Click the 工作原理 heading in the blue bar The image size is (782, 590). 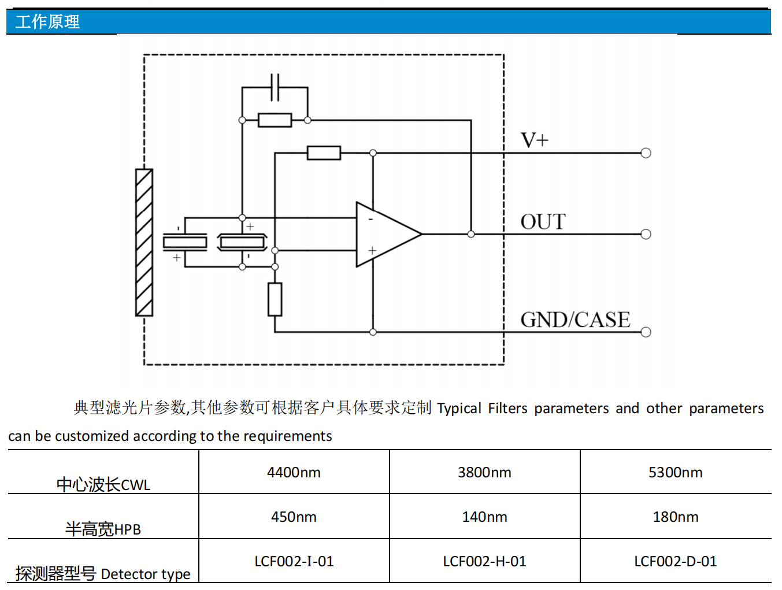(47, 22)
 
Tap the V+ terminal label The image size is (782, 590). (534, 140)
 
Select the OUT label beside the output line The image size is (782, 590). (543, 222)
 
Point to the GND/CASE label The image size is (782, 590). (575, 320)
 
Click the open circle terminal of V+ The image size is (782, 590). (646, 153)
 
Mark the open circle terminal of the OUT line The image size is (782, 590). (646, 234)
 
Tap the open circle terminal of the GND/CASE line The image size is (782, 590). (646, 332)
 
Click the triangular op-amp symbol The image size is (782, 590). (384, 234)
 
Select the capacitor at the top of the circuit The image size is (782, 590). (275, 87)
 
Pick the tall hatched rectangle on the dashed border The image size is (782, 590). (144, 243)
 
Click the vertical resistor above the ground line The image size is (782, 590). (275, 299)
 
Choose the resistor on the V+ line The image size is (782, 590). (324, 153)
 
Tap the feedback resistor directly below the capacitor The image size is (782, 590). (275, 120)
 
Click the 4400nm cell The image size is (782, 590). (294, 472)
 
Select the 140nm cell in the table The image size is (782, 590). (484, 517)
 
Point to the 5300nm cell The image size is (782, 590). (675, 472)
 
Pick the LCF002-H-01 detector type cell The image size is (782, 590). (484, 561)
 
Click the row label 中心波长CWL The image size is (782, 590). (103, 484)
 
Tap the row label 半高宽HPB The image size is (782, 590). (103, 529)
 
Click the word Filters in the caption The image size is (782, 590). (507, 409)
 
